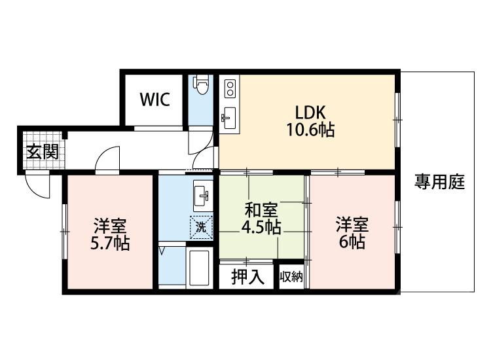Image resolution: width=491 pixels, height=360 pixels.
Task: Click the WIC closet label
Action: pos(155,100)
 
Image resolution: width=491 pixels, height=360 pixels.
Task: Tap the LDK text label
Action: pos(309,111)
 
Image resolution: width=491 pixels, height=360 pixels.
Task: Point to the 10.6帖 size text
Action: pos(309,130)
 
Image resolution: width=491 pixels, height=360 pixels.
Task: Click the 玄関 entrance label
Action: pos(42,152)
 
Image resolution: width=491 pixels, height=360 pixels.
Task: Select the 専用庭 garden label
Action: pos(439,183)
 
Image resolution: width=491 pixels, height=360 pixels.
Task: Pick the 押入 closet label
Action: pos(248,277)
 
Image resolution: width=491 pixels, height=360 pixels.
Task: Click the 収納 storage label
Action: pos(292,277)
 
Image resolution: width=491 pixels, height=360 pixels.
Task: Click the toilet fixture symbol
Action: pos(202,86)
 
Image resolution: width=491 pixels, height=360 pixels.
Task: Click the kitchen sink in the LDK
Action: pos(229,117)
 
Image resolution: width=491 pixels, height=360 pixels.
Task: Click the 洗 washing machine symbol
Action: pos(201,227)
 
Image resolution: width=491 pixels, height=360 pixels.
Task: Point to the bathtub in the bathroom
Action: pos(198,268)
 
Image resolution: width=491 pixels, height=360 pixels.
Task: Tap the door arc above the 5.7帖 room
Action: pos(108,160)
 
